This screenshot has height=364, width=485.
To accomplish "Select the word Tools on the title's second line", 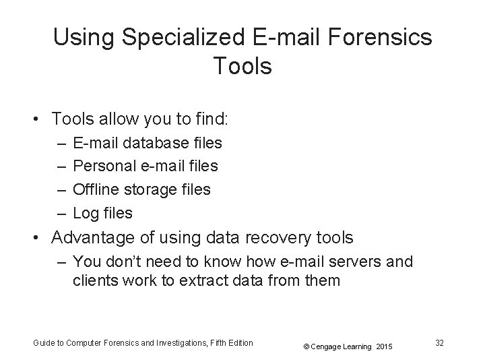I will [x=242, y=67].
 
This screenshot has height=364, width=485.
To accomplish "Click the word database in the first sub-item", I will [x=152, y=143].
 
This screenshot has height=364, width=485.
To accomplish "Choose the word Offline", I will [x=94, y=190].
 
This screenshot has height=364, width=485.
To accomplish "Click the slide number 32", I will [x=439, y=343].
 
